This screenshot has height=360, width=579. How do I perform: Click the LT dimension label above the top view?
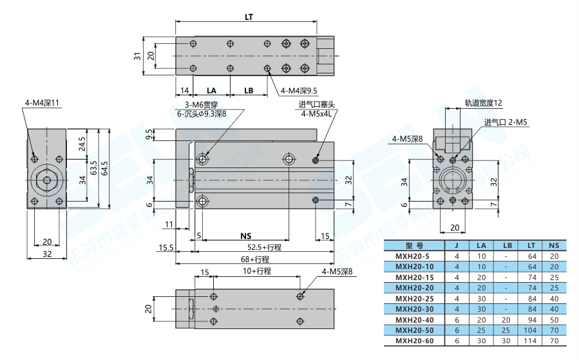248,17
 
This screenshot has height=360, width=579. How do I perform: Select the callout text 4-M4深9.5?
300,91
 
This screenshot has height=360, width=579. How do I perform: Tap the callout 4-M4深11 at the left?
42,103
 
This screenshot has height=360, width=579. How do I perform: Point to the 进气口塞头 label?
317,105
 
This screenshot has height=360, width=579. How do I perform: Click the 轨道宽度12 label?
483,102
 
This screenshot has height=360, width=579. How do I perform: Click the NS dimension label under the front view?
245,236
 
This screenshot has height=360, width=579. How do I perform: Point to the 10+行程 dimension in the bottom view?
257,271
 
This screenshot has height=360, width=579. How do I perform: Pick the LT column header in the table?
531,245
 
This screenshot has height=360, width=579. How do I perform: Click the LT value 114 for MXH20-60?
531,341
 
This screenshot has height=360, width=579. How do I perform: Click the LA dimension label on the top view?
211,90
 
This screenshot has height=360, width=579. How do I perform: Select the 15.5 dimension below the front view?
166,247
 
